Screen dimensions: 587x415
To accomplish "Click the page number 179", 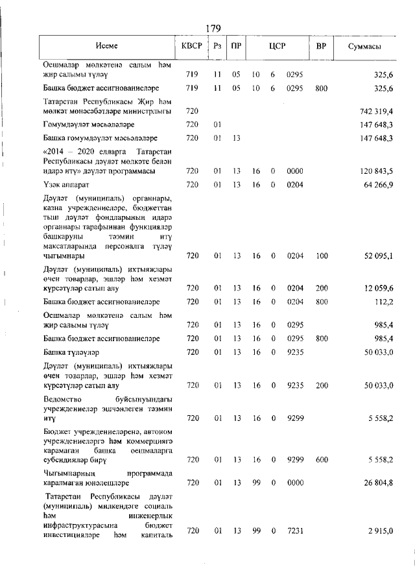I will tap(213, 28).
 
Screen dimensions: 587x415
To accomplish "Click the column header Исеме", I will tap(106, 47).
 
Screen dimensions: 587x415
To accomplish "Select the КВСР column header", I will tap(192, 47).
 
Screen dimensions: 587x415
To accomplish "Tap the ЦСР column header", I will tap(278, 47).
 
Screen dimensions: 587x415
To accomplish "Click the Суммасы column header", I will tap(364, 47).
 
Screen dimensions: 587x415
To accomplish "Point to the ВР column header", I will tap(320, 47).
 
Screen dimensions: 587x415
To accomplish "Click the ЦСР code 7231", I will tap(295, 531).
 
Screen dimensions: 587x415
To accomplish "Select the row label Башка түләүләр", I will tap(74, 352).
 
